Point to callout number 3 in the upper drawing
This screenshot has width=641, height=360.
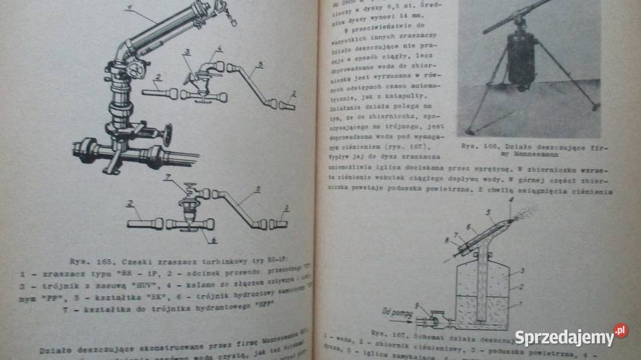coord(188,51)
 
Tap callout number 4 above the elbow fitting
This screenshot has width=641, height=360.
coord(220,48)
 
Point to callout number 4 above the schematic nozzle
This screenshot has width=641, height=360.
coord(511,199)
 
